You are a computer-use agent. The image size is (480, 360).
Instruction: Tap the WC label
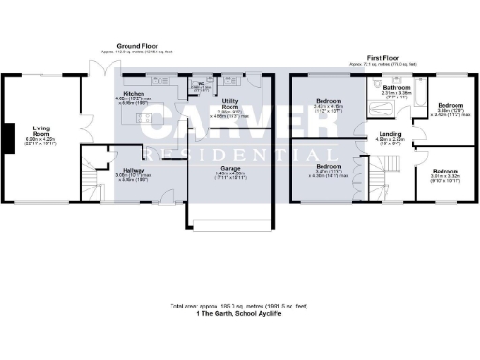click(x=200, y=84)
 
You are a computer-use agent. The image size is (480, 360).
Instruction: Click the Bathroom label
click(x=396, y=87)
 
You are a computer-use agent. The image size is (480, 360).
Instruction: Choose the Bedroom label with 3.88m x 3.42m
click(x=452, y=105)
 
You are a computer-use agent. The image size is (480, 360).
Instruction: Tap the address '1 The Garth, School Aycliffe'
click(x=240, y=314)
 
